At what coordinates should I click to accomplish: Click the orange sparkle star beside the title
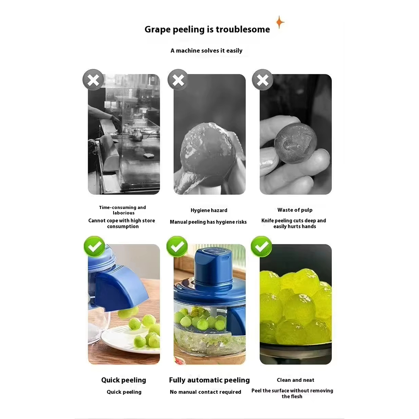(280, 22)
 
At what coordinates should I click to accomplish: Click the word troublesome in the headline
(243, 29)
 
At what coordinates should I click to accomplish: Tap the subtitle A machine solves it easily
(206, 51)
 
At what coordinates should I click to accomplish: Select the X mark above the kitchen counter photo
(93, 80)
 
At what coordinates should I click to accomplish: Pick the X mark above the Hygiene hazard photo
(178, 80)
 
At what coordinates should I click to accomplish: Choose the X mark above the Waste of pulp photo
(262, 80)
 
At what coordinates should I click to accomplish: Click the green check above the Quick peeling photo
(94, 246)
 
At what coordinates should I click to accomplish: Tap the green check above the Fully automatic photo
(177, 246)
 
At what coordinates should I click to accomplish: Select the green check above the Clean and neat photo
(261, 246)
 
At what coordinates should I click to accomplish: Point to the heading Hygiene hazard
(209, 210)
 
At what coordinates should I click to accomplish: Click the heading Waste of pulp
(295, 210)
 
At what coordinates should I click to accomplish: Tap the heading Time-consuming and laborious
(123, 210)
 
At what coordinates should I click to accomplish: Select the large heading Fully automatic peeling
(209, 380)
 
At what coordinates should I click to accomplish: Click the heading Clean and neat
(295, 380)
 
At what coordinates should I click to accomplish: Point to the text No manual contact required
(205, 392)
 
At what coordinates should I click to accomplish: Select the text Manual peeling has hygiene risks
(208, 222)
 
